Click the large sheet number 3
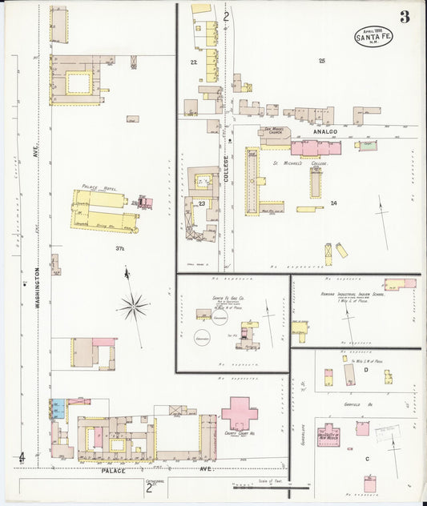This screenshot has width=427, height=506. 405,17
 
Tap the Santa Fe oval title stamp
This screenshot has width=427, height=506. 374,36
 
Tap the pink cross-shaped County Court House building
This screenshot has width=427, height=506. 239,413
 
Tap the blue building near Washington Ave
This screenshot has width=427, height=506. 58,408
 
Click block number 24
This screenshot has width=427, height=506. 333,203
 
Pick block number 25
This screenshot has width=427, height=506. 321,61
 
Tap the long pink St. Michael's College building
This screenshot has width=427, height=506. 315,148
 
